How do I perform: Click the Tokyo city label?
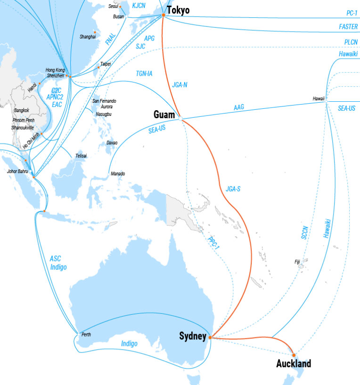(178, 10)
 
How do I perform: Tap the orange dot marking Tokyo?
(164, 15)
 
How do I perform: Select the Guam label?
(164, 115)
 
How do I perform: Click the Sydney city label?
(193, 336)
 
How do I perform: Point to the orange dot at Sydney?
(209, 337)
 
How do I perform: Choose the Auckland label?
(294, 364)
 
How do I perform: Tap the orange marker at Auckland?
(294, 355)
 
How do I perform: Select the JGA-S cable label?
(233, 189)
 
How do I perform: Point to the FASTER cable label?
(348, 27)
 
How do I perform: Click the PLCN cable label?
(351, 42)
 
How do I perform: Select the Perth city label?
(86, 335)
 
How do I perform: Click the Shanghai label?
(88, 36)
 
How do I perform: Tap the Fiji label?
(297, 262)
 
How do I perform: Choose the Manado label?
(118, 174)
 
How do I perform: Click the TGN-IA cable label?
(144, 74)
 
